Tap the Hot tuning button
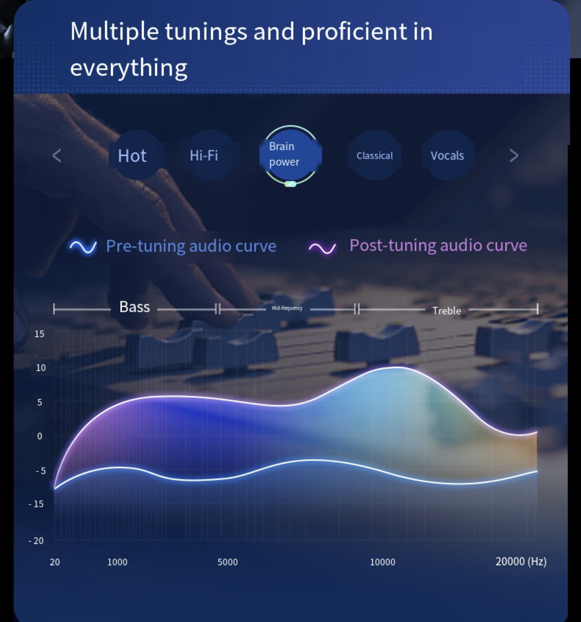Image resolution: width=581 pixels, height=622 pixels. (x=137, y=155)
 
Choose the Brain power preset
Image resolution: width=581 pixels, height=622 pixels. (x=290, y=155)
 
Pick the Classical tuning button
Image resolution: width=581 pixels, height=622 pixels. (x=374, y=155)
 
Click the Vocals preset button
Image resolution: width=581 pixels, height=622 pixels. (x=448, y=155)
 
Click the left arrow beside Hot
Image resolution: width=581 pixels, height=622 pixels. (x=57, y=156)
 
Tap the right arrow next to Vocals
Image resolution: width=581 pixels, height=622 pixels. (x=514, y=156)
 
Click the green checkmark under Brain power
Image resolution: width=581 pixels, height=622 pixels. (x=290, y=184)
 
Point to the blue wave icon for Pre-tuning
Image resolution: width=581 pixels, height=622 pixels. (x=83, y=247)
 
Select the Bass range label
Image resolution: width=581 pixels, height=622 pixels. (x=134, y=307)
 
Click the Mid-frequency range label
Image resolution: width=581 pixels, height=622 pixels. (x=287, y=308)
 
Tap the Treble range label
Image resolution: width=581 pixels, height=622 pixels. (x=447, y=311)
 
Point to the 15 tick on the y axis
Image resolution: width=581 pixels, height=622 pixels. (x=39, y=334)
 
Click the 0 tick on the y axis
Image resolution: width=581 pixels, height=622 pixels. (x=39, y=436)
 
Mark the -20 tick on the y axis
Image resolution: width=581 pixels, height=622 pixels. (x=36, y=541)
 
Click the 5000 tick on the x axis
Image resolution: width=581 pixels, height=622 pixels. (x=227, y=562)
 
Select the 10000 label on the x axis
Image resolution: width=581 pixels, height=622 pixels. (x=382, y=562)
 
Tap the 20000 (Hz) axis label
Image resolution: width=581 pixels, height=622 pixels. (x=521, y=561)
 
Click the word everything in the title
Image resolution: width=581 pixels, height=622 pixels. (x=129, y=67)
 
